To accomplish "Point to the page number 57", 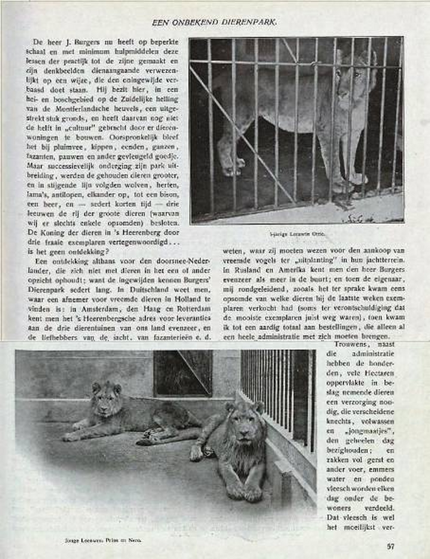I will [x=390, y=546].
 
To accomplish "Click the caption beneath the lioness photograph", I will [x=296, y=235].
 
